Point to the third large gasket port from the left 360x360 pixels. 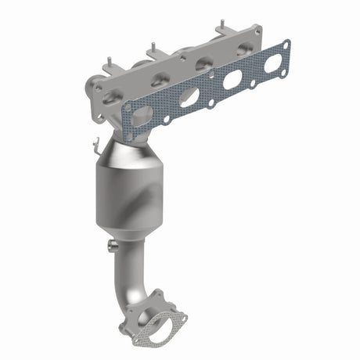point(232,80)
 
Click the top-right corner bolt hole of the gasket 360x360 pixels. point(285,45)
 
